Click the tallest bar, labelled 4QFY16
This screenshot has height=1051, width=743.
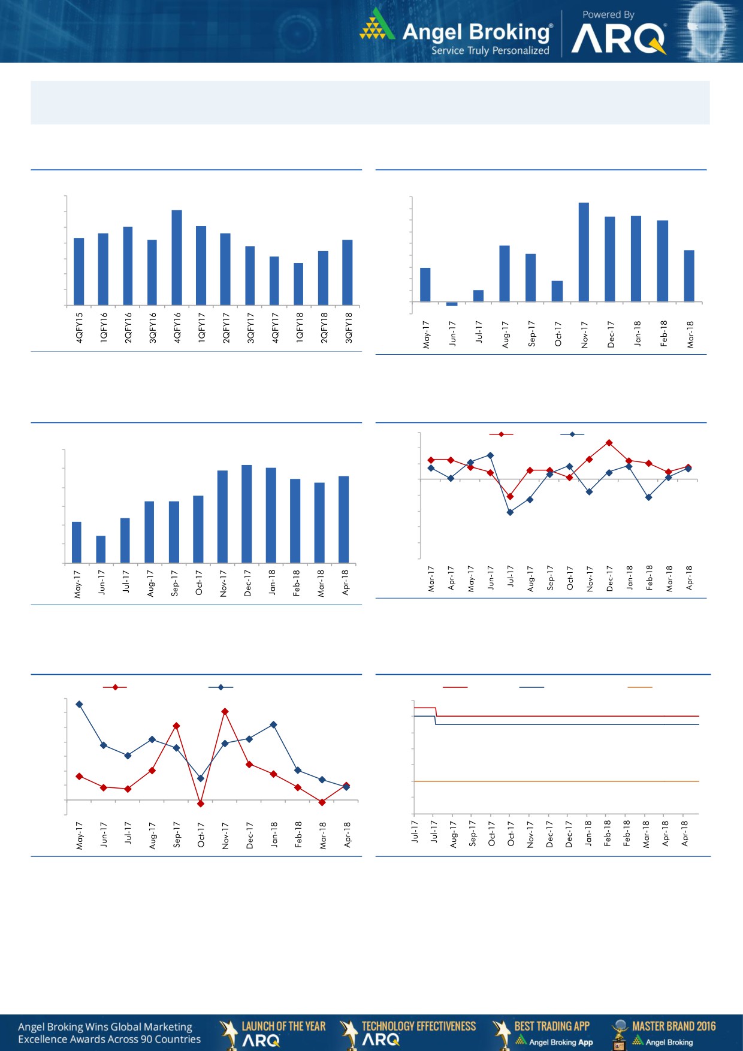pos(177,257)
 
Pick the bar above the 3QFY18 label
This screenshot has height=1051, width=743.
pos(348,272)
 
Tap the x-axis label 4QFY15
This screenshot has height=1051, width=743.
pos(79,327)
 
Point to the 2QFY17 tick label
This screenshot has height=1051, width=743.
pos(226,327)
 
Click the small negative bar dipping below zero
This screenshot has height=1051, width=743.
pos(452,304)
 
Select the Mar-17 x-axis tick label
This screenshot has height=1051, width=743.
pos(431,579)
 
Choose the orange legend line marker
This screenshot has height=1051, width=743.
pos(639,687)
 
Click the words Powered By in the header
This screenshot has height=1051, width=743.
pos(608,15)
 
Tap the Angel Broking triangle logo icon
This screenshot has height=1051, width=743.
pos(377,25)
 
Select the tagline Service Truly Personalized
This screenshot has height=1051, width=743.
pos(490,51)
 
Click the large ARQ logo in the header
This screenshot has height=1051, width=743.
pos(619,40)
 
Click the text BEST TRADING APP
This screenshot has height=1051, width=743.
pos(552,1026)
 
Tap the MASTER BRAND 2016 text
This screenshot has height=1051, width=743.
pos(673,1026)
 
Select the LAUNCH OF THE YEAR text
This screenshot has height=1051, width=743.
pos(283,1026)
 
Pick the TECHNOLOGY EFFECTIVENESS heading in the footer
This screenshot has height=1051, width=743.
pos(418,1026)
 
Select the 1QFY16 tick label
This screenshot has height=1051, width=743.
pos(104,327)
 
